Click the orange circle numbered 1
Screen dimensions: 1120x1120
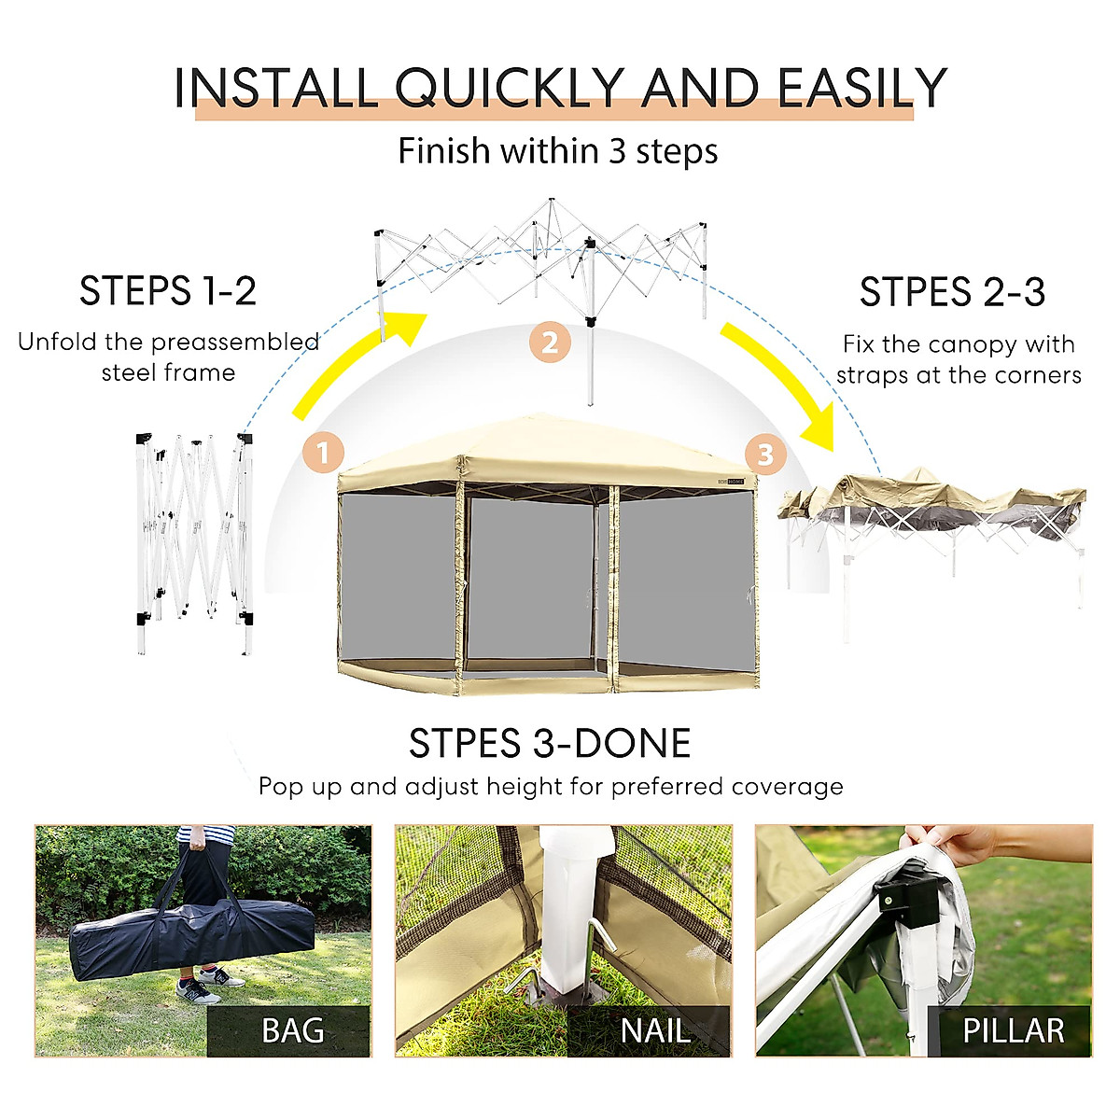point(324,454)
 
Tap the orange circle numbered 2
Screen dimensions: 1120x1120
point(550,343)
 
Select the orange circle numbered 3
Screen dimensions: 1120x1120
point(765,455)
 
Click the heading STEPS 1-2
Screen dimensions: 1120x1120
point(168,291)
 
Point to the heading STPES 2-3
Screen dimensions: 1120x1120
point(952,293)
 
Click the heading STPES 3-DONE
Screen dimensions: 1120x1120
point(550,744)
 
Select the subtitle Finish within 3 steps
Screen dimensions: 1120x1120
point(558,151)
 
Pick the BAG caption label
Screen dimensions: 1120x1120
point(292,1030)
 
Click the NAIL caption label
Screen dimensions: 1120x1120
point(655,1030)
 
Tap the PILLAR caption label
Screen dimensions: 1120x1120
point(1013,1030)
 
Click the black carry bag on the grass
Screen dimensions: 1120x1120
point(191,937)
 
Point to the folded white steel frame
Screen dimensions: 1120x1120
point(194,541)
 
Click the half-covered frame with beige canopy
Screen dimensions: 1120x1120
point(933,523)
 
